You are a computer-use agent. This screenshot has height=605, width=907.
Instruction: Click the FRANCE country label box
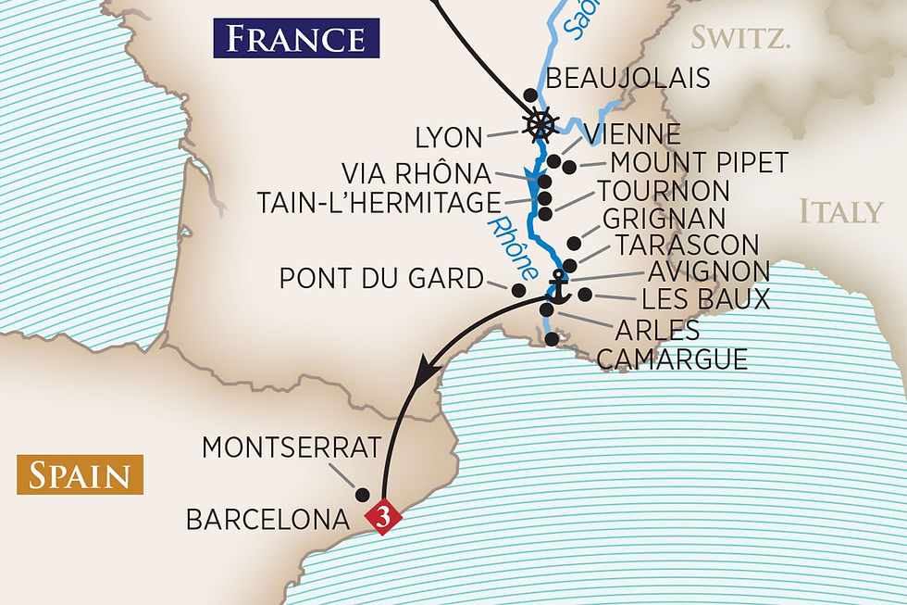pos(296,38)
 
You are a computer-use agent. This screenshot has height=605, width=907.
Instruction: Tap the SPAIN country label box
pos(79,475)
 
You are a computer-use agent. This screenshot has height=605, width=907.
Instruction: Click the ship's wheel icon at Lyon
pos(540,125)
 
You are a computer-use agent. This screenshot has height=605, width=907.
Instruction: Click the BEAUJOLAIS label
pos(627,78)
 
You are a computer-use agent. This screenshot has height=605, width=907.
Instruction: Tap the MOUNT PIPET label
pos(699,164)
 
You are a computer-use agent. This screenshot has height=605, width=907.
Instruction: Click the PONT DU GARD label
pos(381,278)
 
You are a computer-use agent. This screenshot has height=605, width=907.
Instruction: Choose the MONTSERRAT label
pos(291,447)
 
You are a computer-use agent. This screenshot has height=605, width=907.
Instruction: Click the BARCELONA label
pos(267,519)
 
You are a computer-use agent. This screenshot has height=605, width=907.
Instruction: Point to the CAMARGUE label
pos(672,359)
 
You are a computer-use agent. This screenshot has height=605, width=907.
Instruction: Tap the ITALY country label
pos(841,212)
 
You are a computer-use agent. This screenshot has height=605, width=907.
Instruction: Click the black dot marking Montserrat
pos(363,494)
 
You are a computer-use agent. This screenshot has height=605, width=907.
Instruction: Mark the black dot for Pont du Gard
pos(518,288)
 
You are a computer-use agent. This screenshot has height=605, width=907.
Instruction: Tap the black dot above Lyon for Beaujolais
pos(530,95)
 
